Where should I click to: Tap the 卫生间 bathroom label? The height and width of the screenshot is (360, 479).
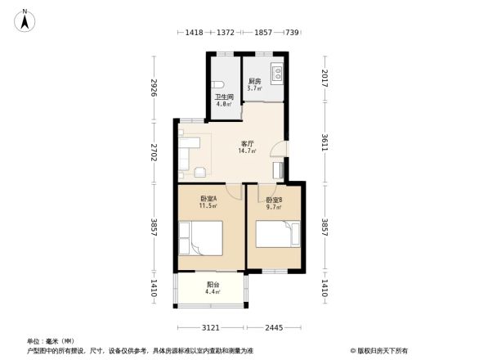point(224,97)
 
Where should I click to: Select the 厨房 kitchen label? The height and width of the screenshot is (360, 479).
point(254,81)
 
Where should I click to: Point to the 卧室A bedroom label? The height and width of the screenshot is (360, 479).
point(208,199)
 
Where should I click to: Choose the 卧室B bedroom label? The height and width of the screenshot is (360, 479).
point(274,200)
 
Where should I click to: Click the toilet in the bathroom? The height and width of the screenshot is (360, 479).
point(217,84)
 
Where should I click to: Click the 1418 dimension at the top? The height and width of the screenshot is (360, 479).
point(194,32)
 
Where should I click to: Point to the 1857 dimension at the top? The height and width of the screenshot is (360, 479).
point(262,32)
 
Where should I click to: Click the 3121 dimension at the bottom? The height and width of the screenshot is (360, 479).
point(211,327)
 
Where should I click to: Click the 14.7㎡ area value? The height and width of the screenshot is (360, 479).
point(246,151)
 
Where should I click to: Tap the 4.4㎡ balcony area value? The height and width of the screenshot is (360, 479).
point(211,293)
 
